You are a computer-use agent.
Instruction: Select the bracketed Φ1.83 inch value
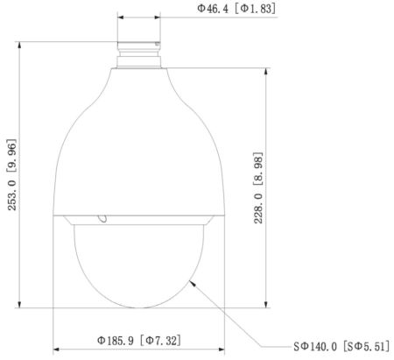255,9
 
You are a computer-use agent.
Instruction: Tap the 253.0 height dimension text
12,194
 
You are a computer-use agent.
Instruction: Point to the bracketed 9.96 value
12,156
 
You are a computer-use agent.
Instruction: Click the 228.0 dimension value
258,208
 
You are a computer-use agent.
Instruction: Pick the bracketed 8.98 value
258,169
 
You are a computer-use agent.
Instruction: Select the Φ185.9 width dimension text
116,340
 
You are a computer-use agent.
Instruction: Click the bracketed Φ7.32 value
160,340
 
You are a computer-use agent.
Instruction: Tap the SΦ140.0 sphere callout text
315,347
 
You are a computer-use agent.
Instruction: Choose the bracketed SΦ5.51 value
366,347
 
